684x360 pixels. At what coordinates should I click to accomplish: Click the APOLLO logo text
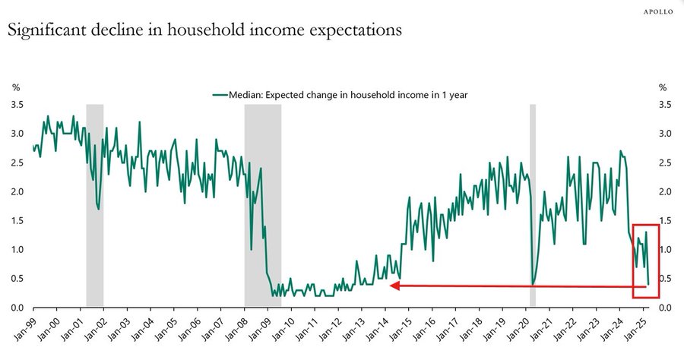tap(658, 11)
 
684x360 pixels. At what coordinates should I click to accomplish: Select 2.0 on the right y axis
tap(667, 191)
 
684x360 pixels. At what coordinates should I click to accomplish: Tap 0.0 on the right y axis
tap(667, 308)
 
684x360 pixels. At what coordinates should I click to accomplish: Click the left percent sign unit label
tap(15, 88)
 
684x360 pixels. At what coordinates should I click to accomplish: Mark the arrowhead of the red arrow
tap(393, 286)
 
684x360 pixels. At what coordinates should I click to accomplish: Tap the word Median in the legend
tap(246, 95)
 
